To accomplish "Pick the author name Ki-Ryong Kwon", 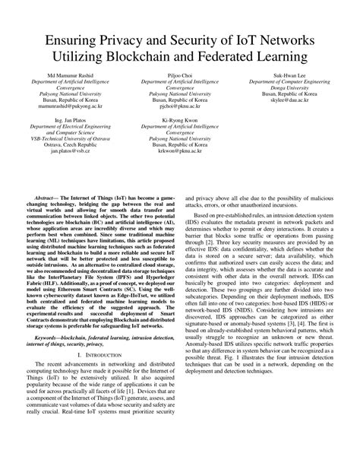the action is pos(179,118).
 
